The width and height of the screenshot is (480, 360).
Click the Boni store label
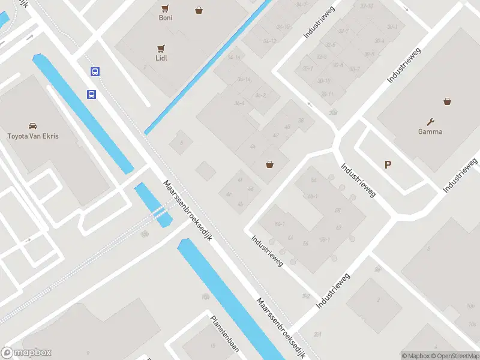click(x=166, y=18)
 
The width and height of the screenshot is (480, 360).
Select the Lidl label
click(x=161, y=58)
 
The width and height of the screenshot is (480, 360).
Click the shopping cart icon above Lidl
click(x=161, y=48)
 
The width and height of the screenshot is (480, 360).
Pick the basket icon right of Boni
click(x=199, y=10)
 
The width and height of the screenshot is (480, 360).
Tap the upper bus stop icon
click(x=95, y=71)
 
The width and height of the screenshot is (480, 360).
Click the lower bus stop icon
click(x=91, y=94)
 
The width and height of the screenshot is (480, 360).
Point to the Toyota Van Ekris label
click(x=32, y=136)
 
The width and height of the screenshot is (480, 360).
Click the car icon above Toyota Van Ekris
click(x=32, y=126)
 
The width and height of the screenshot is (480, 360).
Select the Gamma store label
click(x=430, y=131)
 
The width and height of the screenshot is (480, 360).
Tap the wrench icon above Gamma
click(x=430, y=121)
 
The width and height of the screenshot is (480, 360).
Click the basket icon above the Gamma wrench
click(x=447, y=101)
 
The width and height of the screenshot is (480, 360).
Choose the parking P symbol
click(x=388, y=164)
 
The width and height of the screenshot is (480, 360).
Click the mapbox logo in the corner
click(x=26, y=353)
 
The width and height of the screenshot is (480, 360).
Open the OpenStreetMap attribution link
click(x=455, y=356)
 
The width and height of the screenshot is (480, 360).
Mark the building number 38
click(x=301, y=120)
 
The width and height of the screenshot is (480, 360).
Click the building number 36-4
click(x=239, y=103)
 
